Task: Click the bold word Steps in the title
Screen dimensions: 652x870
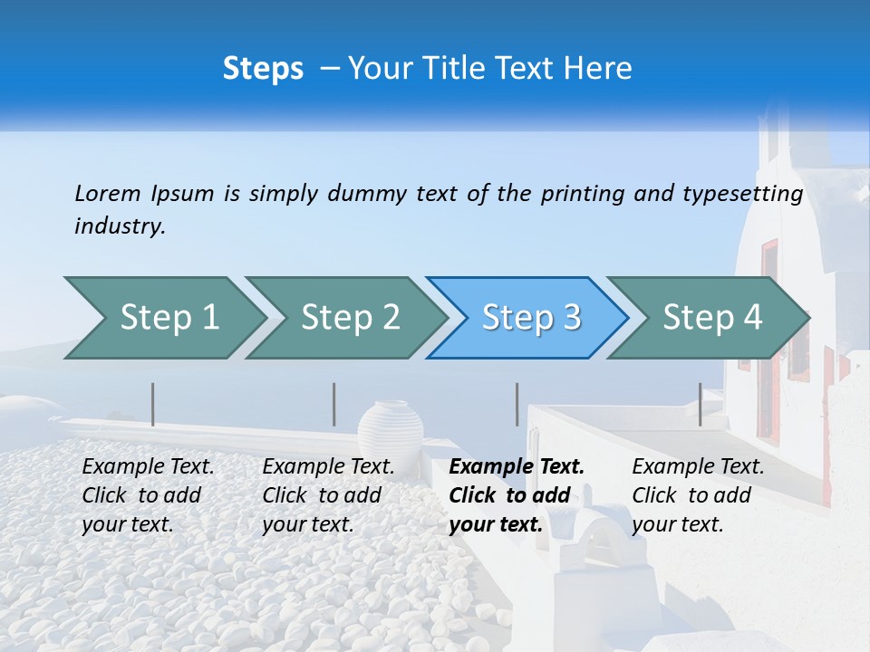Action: (263, 69)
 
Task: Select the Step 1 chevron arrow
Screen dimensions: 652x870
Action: (163, 318)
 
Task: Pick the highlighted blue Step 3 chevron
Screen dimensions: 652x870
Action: (530, 318)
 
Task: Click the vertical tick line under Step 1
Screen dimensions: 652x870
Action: (153, 404)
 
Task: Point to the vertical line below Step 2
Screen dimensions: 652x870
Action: (334, 404)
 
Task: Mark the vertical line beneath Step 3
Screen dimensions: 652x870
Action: (517, 404)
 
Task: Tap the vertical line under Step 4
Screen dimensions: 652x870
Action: (700, 404)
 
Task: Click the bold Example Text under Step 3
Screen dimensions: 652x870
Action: (517, 467)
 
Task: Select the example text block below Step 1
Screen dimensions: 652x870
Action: (148, 495)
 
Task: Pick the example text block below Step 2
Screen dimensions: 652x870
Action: (328, 495)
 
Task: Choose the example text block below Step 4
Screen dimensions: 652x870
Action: (698, 495)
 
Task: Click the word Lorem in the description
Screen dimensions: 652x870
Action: (108, 193)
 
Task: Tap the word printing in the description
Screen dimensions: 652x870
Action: (583, 193)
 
